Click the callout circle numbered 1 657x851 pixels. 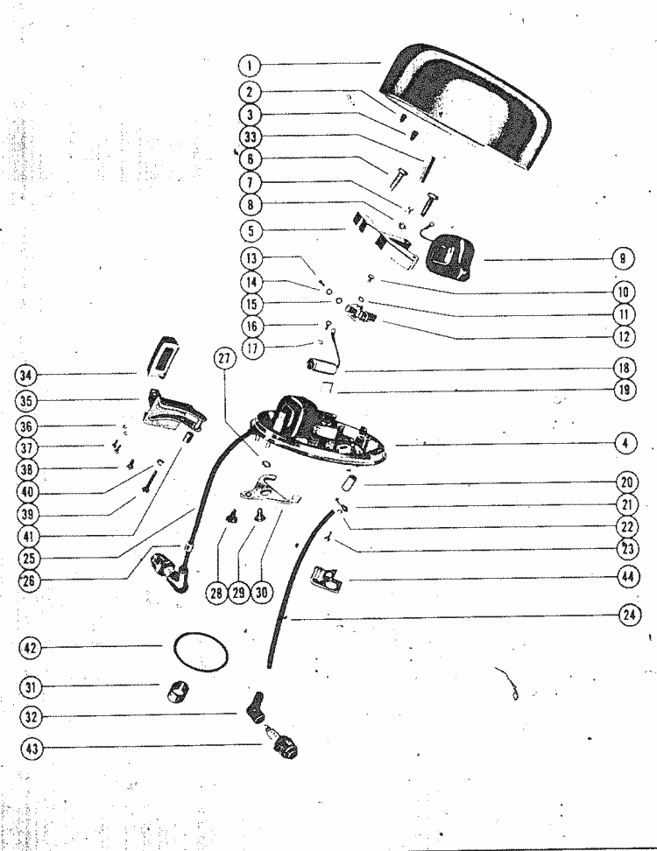(x=250, y=67)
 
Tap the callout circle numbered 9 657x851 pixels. (x=622, y=258)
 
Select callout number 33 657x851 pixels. (x=251, y=137)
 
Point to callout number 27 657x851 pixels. (x=225, y=359)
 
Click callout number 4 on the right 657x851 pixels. (x=625, y=443)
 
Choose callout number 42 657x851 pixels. (x=31, y=648)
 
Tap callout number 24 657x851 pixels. (x=629, y=615)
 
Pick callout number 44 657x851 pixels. (x=627, y=576)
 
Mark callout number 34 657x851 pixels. (x=26, y=375)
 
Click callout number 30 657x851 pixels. (x=261, y=592)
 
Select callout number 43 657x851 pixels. (x=32, y=749)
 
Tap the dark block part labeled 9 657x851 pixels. (x=450, y=257)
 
